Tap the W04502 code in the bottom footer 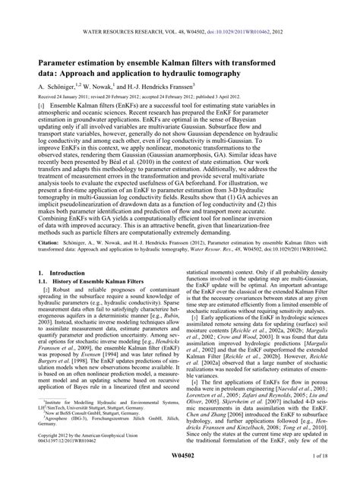(x=180, y=476)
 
